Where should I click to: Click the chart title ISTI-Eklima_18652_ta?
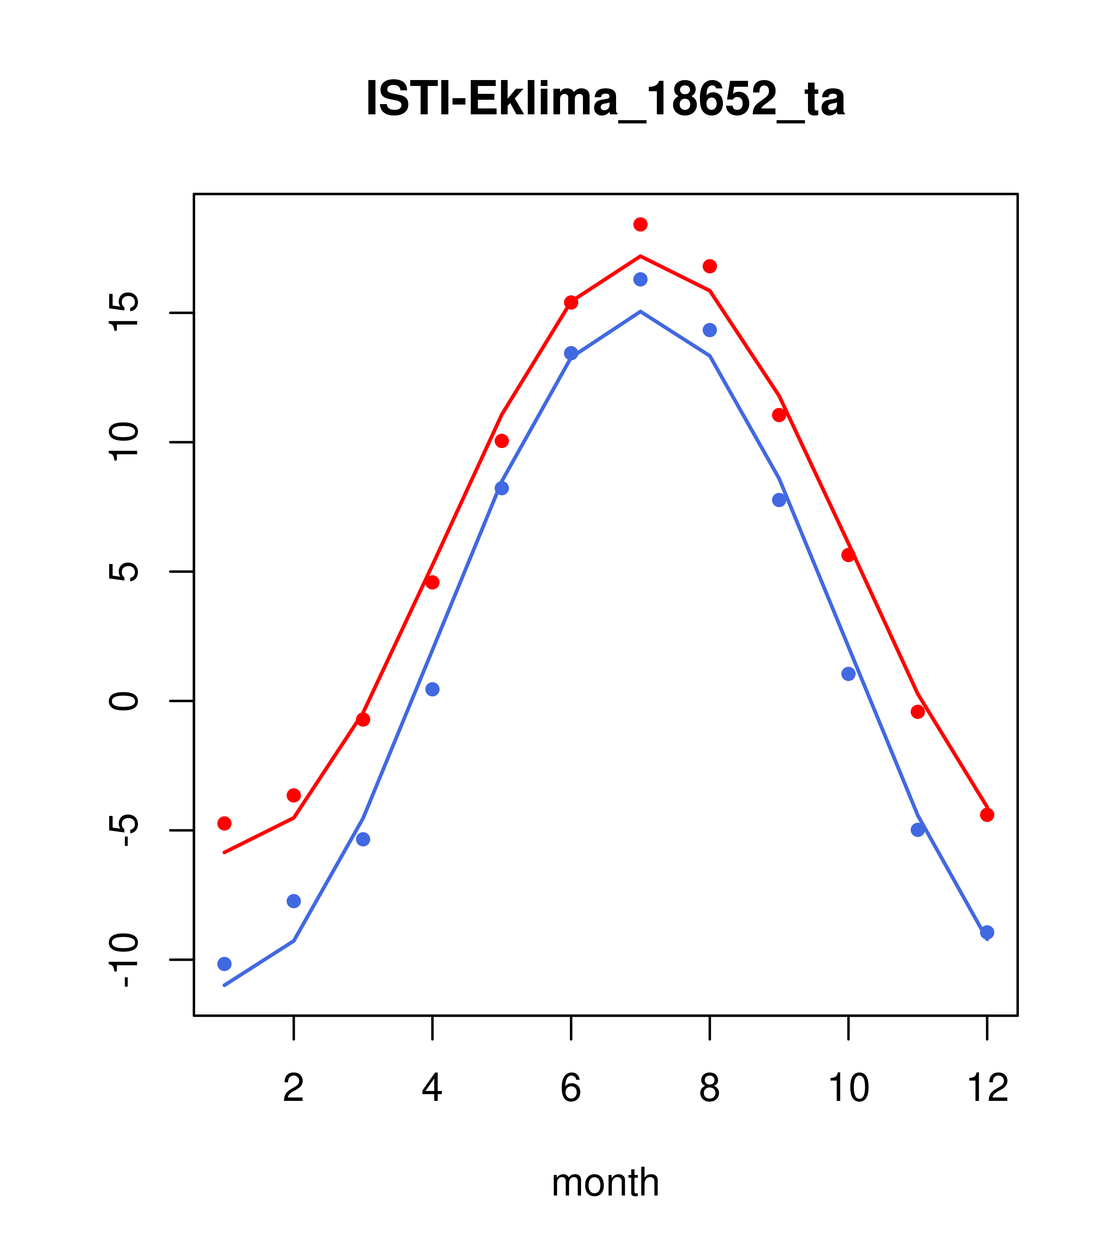[x=605, y=99]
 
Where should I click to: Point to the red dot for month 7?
[x=640, y=224]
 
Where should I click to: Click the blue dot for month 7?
[x=640, y=279]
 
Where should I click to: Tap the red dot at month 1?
[x=224, y=823]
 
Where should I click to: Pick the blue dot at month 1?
[x=224, y=964]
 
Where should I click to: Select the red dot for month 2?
[x=294, y=795]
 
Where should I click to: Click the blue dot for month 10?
[x=848, y=674]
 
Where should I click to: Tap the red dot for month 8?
[x=709, y=266]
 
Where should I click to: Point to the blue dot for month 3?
[x=363, y=839]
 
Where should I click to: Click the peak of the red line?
[x=640, y=256]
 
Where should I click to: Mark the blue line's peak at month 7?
[x=640, y=312]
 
